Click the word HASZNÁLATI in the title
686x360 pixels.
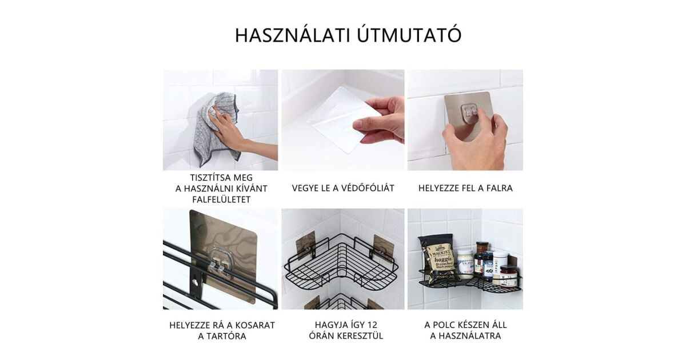[x=293, y=35]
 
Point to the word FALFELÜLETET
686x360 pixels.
[x=221, y=199]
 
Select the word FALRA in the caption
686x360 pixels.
[x=499, y=188]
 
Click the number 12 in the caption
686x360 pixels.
[x=372, y=325]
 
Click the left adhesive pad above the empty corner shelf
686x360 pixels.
[x=305, y=246]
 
